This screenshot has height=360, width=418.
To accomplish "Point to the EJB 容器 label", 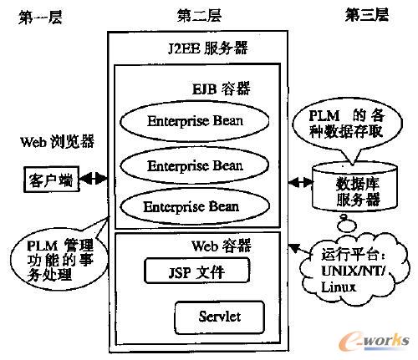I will coord(220,87).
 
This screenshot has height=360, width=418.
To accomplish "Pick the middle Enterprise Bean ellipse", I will coord(195,165).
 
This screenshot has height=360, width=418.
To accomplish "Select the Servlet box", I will coord(220,317).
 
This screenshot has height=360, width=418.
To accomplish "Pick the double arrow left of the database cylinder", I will coord(297,181).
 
